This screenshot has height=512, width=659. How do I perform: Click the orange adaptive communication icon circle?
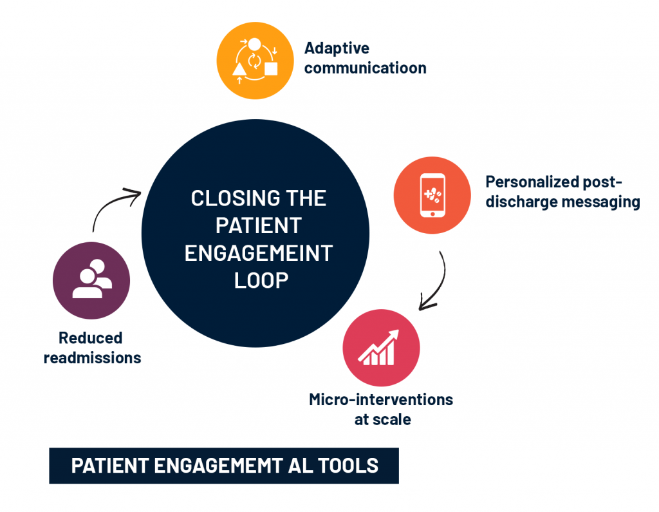(x=255, y=61)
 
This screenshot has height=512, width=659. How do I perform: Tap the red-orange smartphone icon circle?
(x=432, y=194)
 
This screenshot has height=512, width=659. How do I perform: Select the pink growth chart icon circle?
(x=381, y=348)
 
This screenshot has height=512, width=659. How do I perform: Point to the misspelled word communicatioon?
(x=365, y=68)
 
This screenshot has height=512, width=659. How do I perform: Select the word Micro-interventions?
(x=381, y=399)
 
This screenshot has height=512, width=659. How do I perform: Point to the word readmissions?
(x=92, y=358)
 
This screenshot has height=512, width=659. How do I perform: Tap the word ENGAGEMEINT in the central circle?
(x=258, y=253)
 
